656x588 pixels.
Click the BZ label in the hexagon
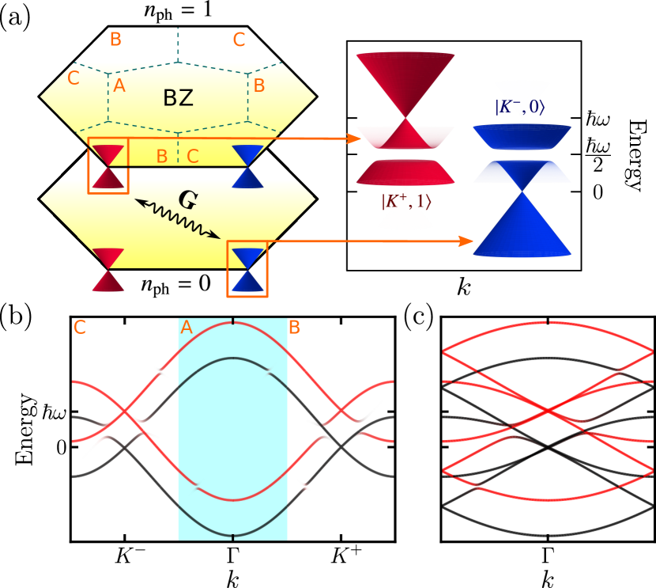(178, 98)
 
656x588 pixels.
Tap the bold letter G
(187, 200)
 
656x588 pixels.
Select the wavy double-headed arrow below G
(178, 219)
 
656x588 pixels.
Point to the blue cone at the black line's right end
(248, 166)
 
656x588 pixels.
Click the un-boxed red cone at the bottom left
(108, 270)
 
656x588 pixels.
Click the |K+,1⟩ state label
(405, 202)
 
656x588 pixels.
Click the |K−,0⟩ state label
(519, 107)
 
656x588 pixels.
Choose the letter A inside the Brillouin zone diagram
(119, 85)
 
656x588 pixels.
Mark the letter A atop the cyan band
(187, 327)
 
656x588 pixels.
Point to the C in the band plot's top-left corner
(79, 327)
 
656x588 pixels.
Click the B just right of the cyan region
(294, 327)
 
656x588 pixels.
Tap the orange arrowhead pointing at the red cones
(355, 138)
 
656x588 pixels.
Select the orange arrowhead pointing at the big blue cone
(467, 241)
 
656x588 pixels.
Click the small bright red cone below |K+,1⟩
(405, 219)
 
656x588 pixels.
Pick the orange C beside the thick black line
(193, 157)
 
